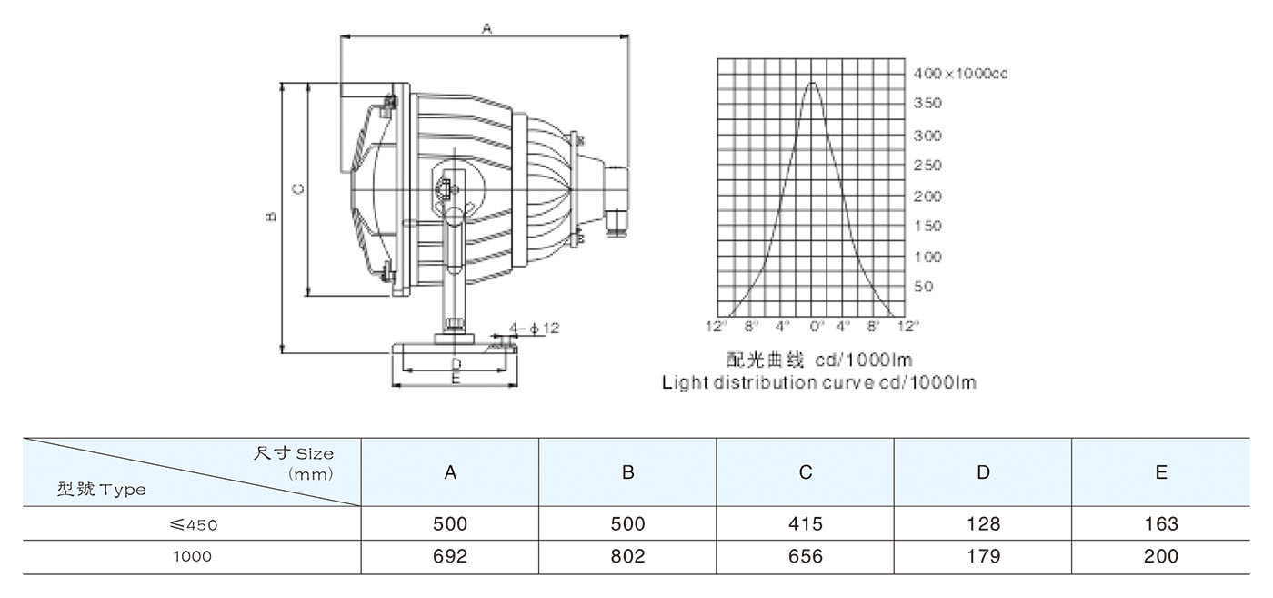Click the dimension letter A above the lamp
click(x=486, y=29)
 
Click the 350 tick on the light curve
click(x=927, y=104)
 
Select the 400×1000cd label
click(x=960, y=74)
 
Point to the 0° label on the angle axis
click(x=816, y=325)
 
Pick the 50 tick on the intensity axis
click(x=923, y=287)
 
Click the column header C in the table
click(x=806, y=472)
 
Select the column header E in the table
click(x=1160, y=472)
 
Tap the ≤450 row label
click(x=193, y=524)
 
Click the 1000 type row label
click(x=193, y=556)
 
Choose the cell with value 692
click(x=450, y=556)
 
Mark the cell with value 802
click(x=627, y=556)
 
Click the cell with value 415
click(x=806, y=524)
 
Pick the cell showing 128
click(x=983, y=524)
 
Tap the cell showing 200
click(x=1160, y=556)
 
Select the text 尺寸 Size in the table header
click(x=293, y=453)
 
